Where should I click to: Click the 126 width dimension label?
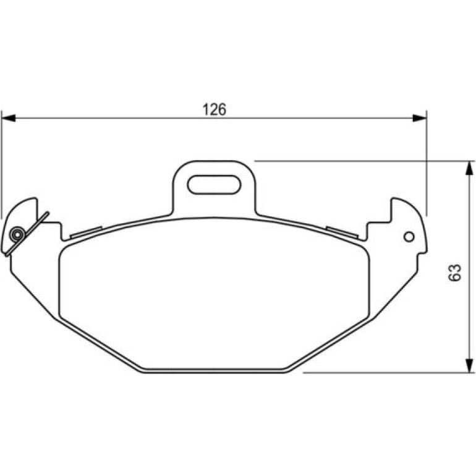pyautogui.click(x=215, y=109)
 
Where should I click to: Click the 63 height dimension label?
pyautogui.click(x=454, y=273)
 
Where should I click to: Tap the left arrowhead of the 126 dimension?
pyautogui.click(x=9, y=118)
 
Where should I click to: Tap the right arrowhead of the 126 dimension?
pyautogui.click(x=419, y=118)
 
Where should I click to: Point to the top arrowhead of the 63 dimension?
pyautogui.click(x=469, y=168)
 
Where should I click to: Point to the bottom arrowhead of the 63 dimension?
pyautogui.click(x=469, y=365)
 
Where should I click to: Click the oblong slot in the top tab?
pyautogui.click(x=214, y=184)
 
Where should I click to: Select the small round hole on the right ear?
pyautogui.click(x=409, y=237)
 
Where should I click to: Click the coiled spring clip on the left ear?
pyautogui.click(x=17, y=234)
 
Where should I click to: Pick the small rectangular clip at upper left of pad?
pyautogui.click(x=86, y=232)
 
